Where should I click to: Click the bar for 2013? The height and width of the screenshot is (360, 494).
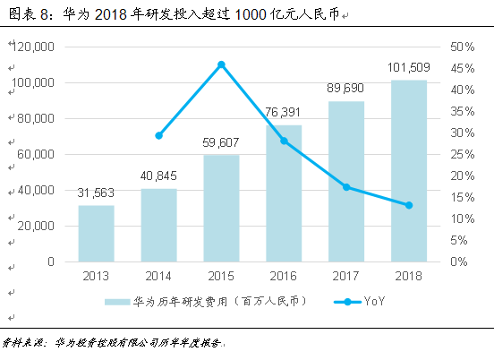coord(96,234)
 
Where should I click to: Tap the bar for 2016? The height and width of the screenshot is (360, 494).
coord(284,193)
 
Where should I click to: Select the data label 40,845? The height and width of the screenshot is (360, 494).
coord(158,176)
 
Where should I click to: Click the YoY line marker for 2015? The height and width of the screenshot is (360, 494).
coord(221,64)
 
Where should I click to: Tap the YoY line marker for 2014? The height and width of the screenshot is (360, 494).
coord(158,135)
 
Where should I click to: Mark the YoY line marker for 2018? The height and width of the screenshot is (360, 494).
coord(409,205)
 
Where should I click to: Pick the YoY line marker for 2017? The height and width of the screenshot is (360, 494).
coord(346,187)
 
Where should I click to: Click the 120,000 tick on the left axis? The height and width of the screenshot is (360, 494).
coord(34,47)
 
